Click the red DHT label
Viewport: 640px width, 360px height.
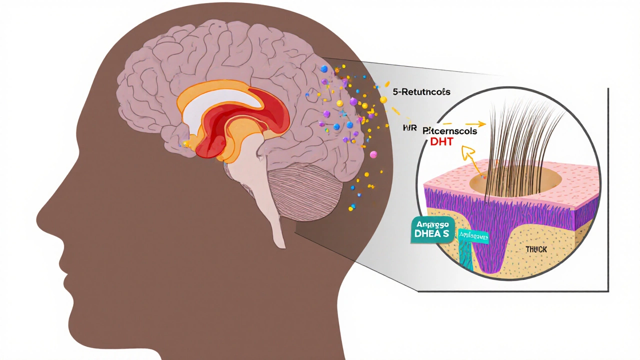(441, 141)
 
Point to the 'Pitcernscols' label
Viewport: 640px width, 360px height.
(449, 131)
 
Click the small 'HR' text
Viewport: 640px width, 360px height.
(409, 128)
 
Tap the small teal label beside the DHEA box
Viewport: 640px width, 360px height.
(473, 237)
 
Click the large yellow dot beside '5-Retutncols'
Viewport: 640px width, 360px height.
(383, 99)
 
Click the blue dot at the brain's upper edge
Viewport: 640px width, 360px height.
(324, 69)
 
